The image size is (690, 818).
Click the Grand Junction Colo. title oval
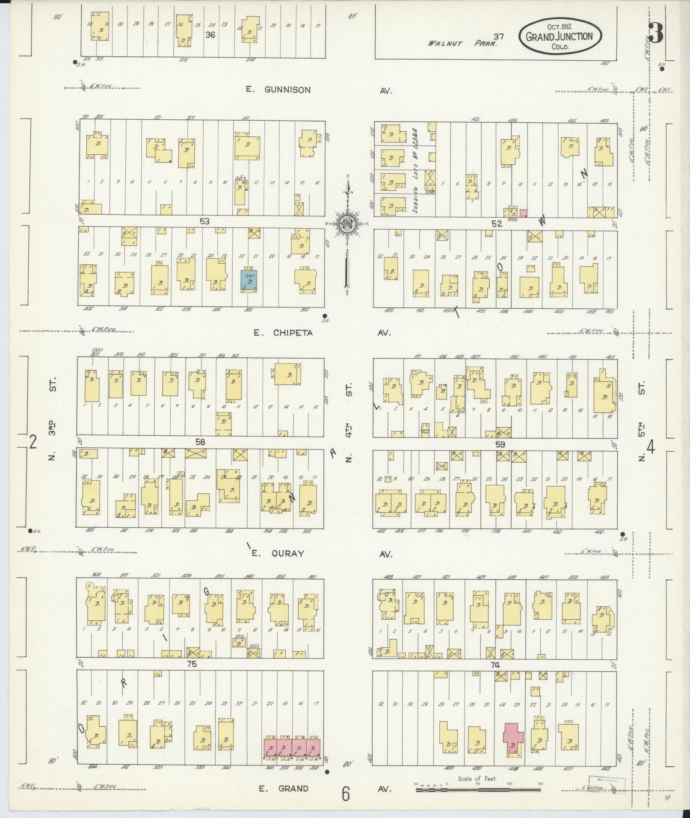click(x=560, y=36)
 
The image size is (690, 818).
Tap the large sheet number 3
click(x=656, y=34)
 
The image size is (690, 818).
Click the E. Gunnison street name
click(x=278, y=90)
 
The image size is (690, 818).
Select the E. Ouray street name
click(x=278, y=553)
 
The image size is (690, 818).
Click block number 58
click(x=200, y=443)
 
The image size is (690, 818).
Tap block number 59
click(x=500, y=444)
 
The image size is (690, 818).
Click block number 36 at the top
click(x=210, y=35)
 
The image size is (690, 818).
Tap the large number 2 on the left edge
click(x=33, y=442)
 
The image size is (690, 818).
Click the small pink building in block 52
click(x=524, y=213)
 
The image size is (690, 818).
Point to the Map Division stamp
click(x=607, y=780)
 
